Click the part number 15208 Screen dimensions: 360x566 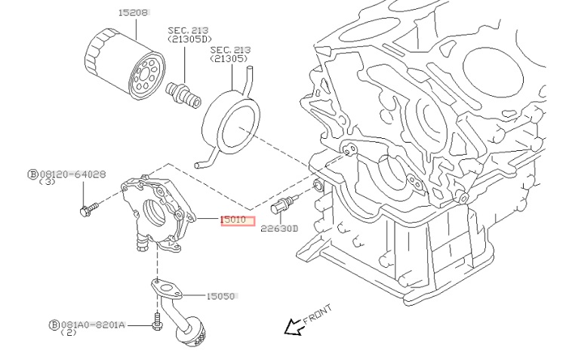(134, 13)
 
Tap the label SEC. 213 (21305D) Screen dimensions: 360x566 (189, 34)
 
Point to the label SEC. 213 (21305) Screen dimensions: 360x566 (230, 54)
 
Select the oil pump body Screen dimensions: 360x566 (154, 211)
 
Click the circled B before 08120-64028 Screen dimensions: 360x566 (32, 174)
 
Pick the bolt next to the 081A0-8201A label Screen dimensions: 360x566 (157, 322)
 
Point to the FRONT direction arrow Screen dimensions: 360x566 (290, 326)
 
